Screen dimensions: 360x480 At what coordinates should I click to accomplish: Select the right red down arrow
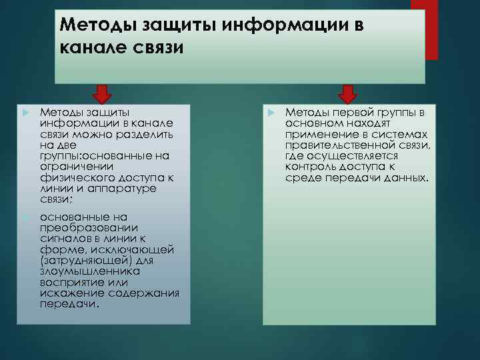pos(347,93)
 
